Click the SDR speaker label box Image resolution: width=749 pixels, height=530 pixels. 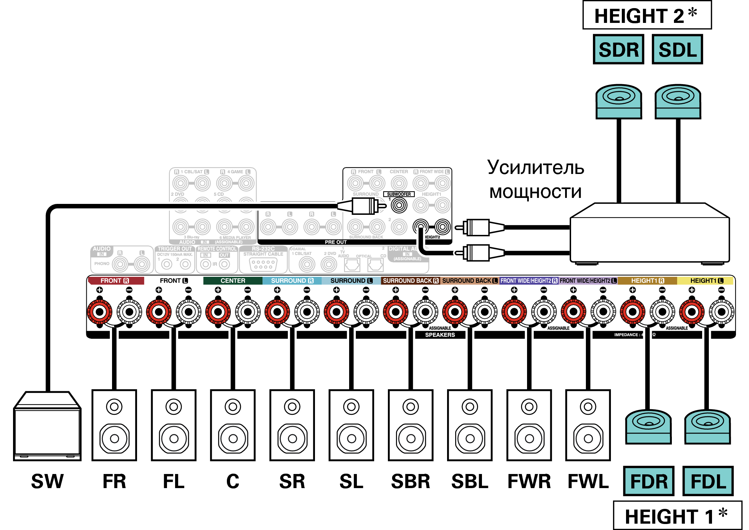[x=618, y=49]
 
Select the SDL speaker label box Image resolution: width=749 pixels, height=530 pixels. [x=677, y=49]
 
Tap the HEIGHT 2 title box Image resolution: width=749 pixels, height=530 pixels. [x=647, y=15]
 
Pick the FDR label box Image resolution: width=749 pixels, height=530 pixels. [x=649, y=481]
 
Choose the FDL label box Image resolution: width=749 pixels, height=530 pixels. [x=708, y=481]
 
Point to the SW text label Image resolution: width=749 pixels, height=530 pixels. [x=47, y=481]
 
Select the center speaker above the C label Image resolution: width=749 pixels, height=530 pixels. [x=233, y=425]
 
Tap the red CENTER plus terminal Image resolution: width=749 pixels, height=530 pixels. [x=218, y=312]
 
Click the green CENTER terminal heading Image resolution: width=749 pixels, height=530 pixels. [x=233, y=281]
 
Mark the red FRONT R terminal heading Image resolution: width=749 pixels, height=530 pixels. [x=116, y=281]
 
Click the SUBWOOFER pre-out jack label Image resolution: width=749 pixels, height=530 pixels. [x=399, y=194]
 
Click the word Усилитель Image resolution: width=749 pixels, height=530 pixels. [x=536, y=168]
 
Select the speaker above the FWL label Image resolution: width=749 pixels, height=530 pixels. [x=588, y=425]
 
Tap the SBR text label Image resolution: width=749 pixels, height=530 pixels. [x=410, y=481]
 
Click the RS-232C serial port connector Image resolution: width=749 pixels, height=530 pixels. [x=263, y=264]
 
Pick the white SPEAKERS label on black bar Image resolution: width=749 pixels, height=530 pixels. [x=440, y=335]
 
